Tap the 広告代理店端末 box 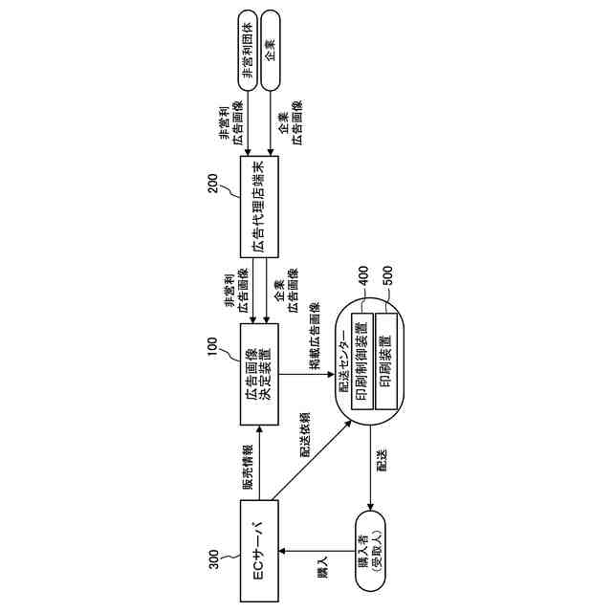(x=259, y=206)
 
